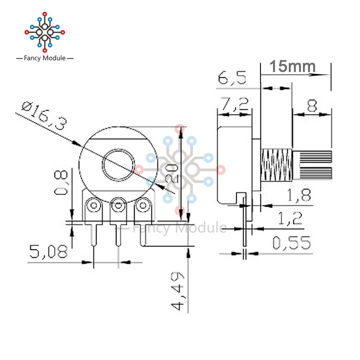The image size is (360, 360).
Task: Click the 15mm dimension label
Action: (x=292, y=66)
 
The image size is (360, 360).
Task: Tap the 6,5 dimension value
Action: (x=232, y=78)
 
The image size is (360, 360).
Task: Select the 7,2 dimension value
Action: (x=235, y=104)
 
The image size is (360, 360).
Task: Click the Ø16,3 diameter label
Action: (x=44, y=116)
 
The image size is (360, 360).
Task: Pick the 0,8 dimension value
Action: (x=61, y=183)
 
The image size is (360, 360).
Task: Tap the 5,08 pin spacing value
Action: (x=49, y=251)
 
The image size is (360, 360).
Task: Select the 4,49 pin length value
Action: (x=177, y=291)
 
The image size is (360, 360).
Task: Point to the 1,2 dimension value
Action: (x=290, y=218)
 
